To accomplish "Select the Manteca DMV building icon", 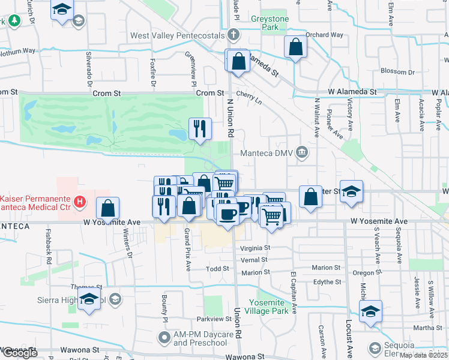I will click(x=304, y=152).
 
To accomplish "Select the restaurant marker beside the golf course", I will click(x=200, y=128).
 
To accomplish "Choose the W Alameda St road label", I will click(x=352, y=92).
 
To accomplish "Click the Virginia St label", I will click(x=255, y=247).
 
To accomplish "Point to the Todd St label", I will click(x=217, y=269).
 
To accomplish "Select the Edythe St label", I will click(x=327, y=281).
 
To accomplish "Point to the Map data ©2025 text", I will click(x=423, y=355).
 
